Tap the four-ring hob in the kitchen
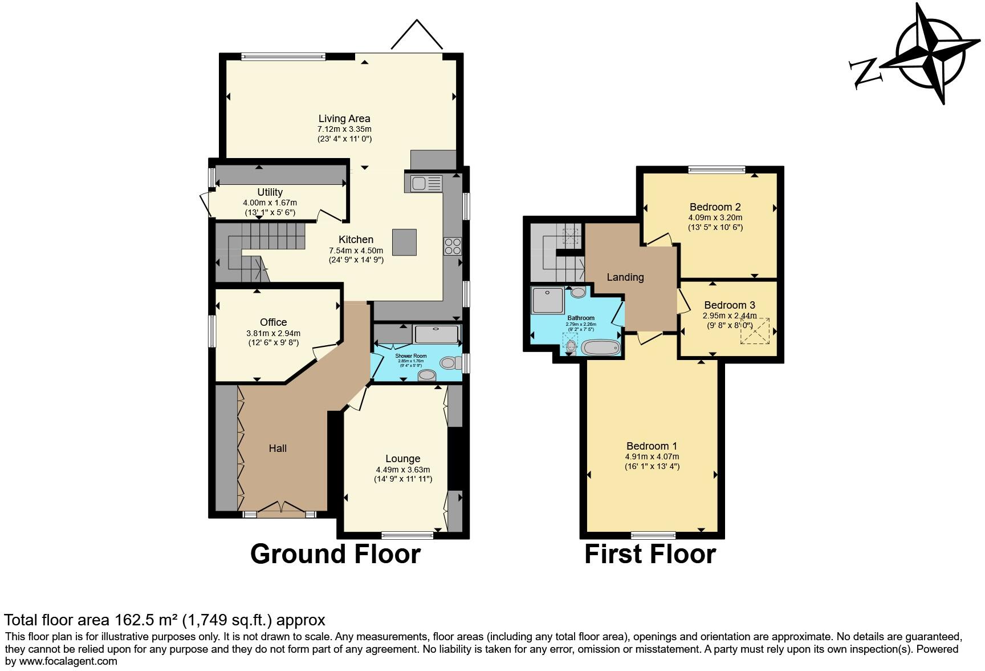[452, 246]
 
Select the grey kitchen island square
[404, 242]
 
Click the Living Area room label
[344, 119]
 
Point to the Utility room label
[270, 192]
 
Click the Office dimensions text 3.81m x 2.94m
[273, 333]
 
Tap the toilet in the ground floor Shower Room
[450, 362]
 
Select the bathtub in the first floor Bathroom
[600, 347]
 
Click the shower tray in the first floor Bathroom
[547, 300]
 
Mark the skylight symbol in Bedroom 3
[755, 331]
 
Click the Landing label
[625, 277]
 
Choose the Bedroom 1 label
[652, 446]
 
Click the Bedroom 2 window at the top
[717, 169]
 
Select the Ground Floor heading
[335, 554]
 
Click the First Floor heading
[650, 554]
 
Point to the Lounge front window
[407, 535]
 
